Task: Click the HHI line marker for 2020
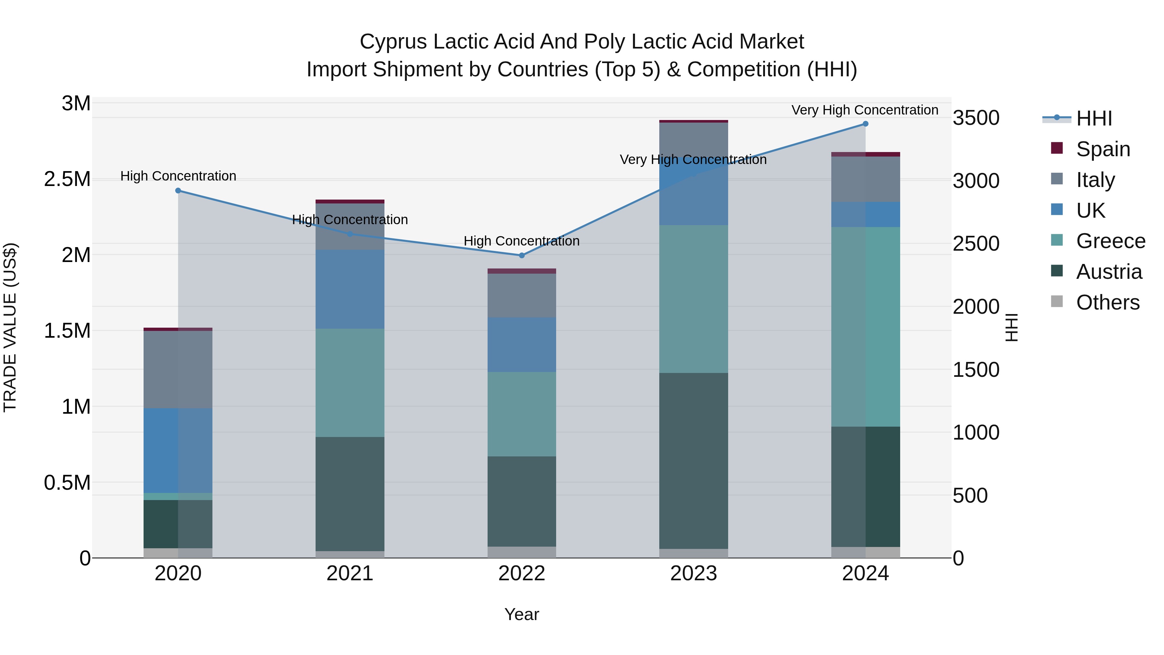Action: pos(178,191)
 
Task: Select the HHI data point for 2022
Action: pos(522,256)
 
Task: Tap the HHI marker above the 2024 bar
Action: pos(865,124)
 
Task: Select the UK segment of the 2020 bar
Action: pos(178,450)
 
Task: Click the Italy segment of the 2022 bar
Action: pos(522,295)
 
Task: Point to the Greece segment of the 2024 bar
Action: pos(865,326)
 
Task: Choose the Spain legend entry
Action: pos(1103,149)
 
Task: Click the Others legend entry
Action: pos(1107,302)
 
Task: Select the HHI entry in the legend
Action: pos(1094,118)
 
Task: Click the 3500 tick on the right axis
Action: pos(976,118)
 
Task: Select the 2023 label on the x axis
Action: pos(694,573)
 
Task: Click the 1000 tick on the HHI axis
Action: pos(976,432)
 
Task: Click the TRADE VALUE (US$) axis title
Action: pos(10,327)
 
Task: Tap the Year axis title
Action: pos(522,614)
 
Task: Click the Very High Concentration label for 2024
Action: pos(864,110)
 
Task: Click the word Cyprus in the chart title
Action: pos(393,42)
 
